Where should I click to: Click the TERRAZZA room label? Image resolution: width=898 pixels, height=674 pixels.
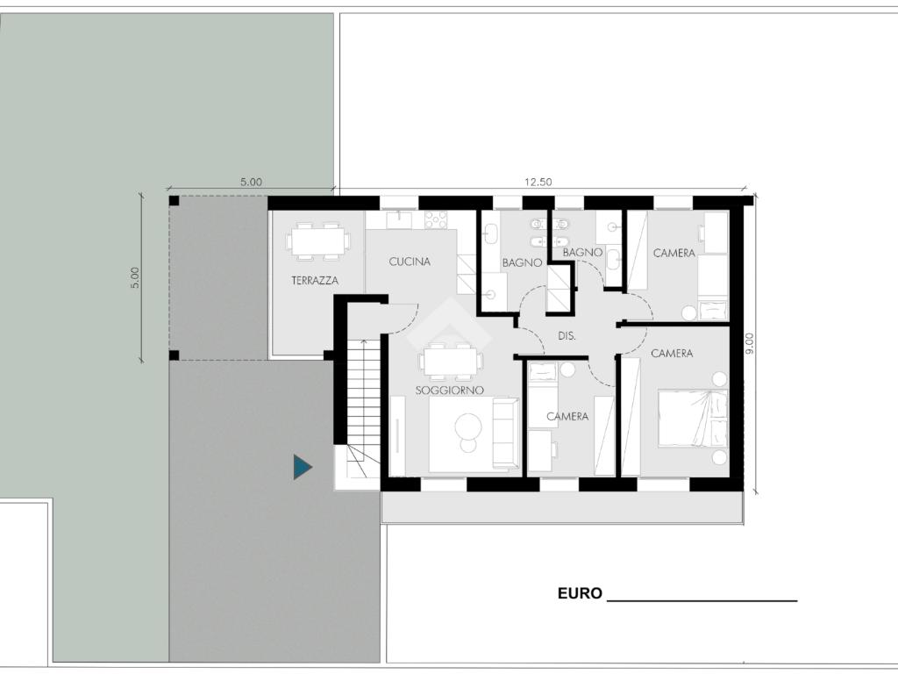coord(315,280)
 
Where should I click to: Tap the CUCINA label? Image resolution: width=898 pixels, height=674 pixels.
coord(410,262)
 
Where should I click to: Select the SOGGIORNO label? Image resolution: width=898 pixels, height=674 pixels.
coord(450,391)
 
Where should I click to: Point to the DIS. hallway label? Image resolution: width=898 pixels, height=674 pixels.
coord(567,336)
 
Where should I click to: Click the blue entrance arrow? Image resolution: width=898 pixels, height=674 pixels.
coord(302,467)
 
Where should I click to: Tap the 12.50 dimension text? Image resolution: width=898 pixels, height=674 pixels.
coord(538,182)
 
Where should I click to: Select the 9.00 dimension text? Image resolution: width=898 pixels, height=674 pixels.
coord(751,344)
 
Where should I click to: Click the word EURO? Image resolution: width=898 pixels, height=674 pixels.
coord(580,593)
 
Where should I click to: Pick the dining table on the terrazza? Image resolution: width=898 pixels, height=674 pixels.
coord(317,241)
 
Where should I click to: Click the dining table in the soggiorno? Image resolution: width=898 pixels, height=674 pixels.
coord(451,362)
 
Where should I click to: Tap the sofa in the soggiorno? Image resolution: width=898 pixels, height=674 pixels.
coord(506,434)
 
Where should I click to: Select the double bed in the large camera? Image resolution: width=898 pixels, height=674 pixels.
coord(693,419)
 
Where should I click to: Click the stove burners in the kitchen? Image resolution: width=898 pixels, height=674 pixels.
coord(436,219)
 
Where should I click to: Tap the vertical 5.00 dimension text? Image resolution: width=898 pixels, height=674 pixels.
coord(134,278)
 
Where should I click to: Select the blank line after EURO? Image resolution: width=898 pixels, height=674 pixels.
coord(702,600)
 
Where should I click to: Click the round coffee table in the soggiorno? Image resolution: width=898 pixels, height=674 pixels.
coord(468,427)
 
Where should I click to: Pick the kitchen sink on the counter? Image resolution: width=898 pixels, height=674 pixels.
coord(399,219)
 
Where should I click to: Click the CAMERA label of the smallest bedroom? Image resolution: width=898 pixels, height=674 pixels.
coord(567,416)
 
